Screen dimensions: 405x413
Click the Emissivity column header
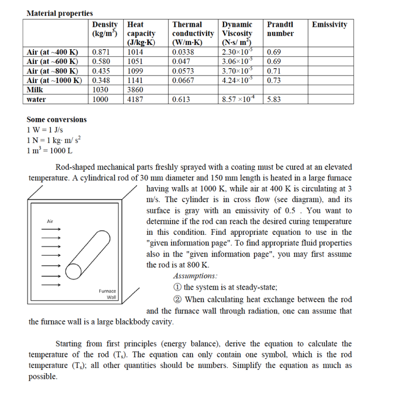[x=329, y=25]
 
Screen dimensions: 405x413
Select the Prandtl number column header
[x=280, y=29]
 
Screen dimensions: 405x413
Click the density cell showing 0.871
[x=100, y=52]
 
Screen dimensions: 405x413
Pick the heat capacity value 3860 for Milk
[x=135, y=90]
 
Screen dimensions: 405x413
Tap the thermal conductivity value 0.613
[x=181, y=99]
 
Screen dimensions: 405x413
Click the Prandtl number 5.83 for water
[x=274, y=99]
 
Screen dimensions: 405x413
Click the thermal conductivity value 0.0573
[x=183, y=71]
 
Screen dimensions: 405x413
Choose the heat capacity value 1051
[x=135, y=62]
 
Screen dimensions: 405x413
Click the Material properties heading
[x=59, y=13]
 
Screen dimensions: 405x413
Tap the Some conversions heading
[x=56, y=119]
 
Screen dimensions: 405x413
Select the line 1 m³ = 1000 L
[x=50, y=150]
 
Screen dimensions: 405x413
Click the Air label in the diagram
[x=50, y=221]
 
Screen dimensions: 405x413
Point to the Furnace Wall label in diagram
[x=108, y=294]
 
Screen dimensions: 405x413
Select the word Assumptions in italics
[x=195, y=276]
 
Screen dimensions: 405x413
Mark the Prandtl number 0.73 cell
[x=274, y=80]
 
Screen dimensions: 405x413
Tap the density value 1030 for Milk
[x=100, y=90]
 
